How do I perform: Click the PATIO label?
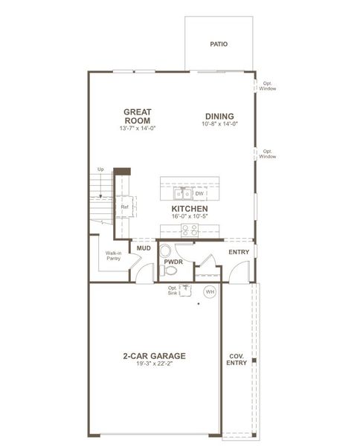(x=219, y=44)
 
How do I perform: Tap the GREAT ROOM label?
(x=138, y=116)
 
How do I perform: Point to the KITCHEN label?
(x=190, y=210)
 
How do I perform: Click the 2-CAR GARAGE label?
(x=155, y=355)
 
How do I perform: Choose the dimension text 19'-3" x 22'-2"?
(x=155, y=364)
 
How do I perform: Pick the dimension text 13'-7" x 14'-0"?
(x=138, y=129)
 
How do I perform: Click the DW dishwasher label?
(x=200, y=193)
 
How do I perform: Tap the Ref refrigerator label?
(x=125, y=207)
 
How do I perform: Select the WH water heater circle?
(x=209, y=291)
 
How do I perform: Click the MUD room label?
(x=144, y=249)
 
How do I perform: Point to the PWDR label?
(x=174, y=262)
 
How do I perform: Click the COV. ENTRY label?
(x=237, y=359)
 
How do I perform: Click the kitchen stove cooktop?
(x=190, y=230)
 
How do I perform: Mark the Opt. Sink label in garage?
(x=173, y=291)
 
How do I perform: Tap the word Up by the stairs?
(x=100, y=169)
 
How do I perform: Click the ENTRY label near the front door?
(x=239, y=252)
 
